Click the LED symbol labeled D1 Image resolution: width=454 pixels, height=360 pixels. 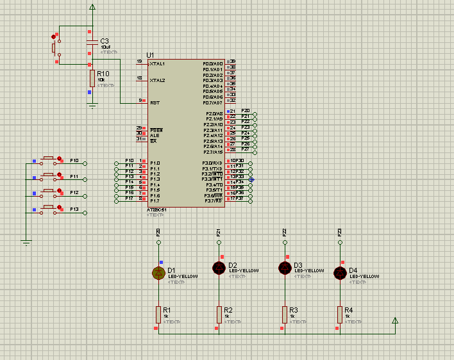pos(158,273)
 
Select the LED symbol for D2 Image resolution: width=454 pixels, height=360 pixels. pos(219,267)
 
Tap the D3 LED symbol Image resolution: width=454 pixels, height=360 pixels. pos(284,267)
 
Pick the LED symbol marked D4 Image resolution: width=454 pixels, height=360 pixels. pos(340,273)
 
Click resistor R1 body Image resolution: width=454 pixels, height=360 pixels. pos(158,314)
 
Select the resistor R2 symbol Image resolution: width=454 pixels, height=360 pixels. pos(219,314)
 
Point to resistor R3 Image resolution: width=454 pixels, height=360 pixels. pos(284,314)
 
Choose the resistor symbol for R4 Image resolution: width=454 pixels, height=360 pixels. pos(340,314)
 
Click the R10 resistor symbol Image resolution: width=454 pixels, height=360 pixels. pos(92,78)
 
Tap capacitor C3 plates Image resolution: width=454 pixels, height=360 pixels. pos(90,42)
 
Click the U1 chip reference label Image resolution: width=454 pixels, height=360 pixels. pos(151,54)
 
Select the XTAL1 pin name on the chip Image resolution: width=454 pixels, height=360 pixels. pos(158,64)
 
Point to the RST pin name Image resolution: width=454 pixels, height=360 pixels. pos(155,102)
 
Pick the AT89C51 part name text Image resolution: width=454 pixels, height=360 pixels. pos(158,210)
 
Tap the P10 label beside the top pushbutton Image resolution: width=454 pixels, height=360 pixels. pos(74,160)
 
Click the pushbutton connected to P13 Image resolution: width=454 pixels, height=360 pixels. pos(49,208)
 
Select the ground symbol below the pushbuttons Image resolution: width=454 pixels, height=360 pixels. pos(26,241)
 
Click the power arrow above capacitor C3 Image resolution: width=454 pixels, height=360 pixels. pos(93,7)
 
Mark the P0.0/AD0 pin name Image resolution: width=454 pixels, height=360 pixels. pos(212,64)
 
